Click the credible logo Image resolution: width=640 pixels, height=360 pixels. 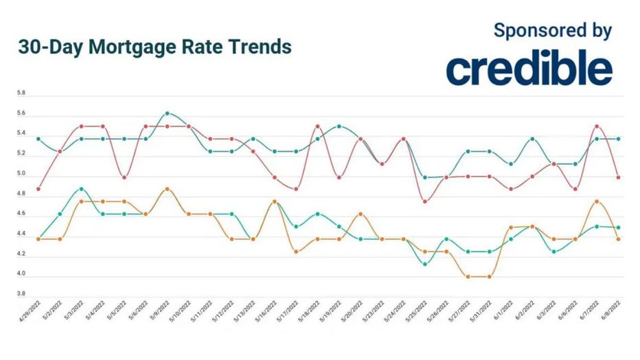tap(529, 69)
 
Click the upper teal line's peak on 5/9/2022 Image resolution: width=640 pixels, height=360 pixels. tap(167, 113)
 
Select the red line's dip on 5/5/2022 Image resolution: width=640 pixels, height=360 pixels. tap(124, 177)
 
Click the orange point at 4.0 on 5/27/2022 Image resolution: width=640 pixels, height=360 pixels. tap(468, 277)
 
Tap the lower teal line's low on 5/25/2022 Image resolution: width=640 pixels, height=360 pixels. tap(424, 264)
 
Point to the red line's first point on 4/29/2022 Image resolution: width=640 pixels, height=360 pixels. tap(38, 189)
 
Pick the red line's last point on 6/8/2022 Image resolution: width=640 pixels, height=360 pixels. tap(619, 177)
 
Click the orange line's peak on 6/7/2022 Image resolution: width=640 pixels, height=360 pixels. tap(597, 201)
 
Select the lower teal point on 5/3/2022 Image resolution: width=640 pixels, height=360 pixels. tap(81, 188)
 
